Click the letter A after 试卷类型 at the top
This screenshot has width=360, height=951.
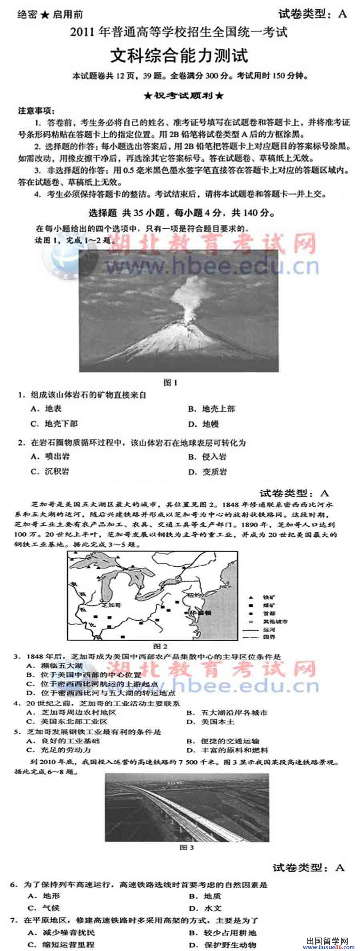pos(342,14)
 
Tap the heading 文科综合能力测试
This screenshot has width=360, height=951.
pos(179,56)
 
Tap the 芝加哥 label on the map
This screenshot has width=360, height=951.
pos(112,605)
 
